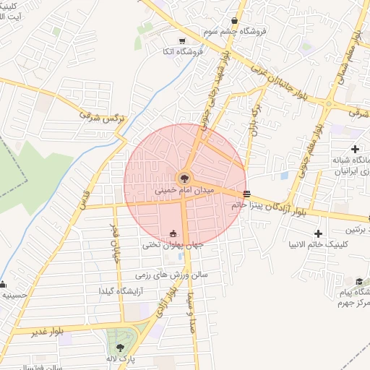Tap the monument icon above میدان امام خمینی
pyautogui.click(x=185, y=178)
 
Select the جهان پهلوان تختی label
pyautogui.click(x=173, y=245)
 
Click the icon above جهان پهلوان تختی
pyautogui.click(x=173, y=233)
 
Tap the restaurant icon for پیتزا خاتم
pyautogui.click(x=248, y=194)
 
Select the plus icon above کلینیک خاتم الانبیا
pyautogui.click(x=318, y=233)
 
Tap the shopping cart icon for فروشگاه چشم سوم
pyautogui.click(x=236, y=21)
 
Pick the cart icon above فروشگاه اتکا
pyautogui.click(x=182, y=40)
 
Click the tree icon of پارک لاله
pyautogui.click(x=120, y=348)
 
